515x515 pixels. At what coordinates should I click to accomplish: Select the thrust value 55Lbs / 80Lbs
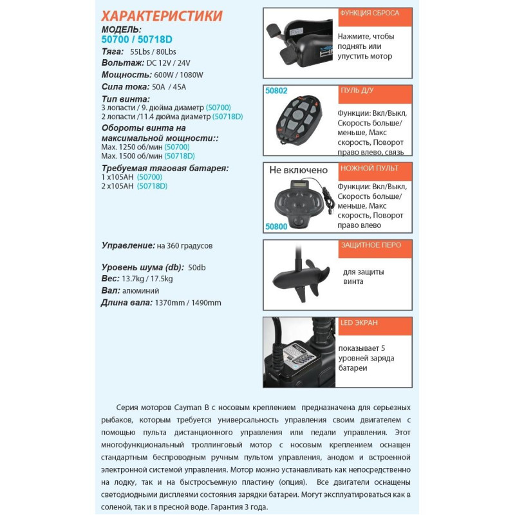[153, 51]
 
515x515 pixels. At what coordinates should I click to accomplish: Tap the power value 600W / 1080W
[179, 75]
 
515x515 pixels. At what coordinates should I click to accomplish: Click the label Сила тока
[124, 86]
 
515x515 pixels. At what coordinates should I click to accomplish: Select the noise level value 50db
[198, 267]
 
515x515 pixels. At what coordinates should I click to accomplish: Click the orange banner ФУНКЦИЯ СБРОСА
[374, 14]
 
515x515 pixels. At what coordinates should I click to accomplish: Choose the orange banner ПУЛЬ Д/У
[374, 91]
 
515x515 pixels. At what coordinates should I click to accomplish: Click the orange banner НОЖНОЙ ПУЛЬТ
[374, 169]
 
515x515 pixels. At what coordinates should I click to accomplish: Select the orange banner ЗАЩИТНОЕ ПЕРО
[374, 246]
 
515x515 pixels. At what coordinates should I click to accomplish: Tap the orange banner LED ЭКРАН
[374, 323]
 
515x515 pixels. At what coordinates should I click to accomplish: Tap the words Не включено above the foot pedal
[299, 171]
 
